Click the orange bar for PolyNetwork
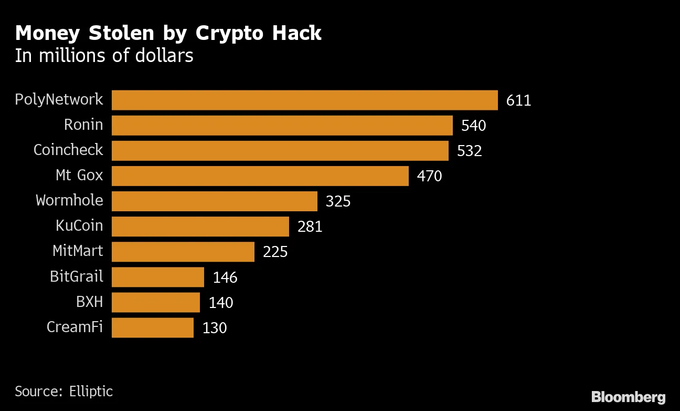[304, 100]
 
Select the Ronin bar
[282, 126]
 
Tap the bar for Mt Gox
[260, 176]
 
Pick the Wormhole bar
[214, 201]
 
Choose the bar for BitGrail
[157, 277]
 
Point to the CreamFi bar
[152, 327]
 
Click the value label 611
[518, 100]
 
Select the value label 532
[469, 151]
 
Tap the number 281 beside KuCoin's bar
[310, 227]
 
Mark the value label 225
[275, 252]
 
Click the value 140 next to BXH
[220, 302]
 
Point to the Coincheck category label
[68, 150]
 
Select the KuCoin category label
[79, 226]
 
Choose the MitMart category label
[78, 251]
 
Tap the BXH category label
[89, 302]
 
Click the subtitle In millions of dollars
[104, 56]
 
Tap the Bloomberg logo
[628, 397]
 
